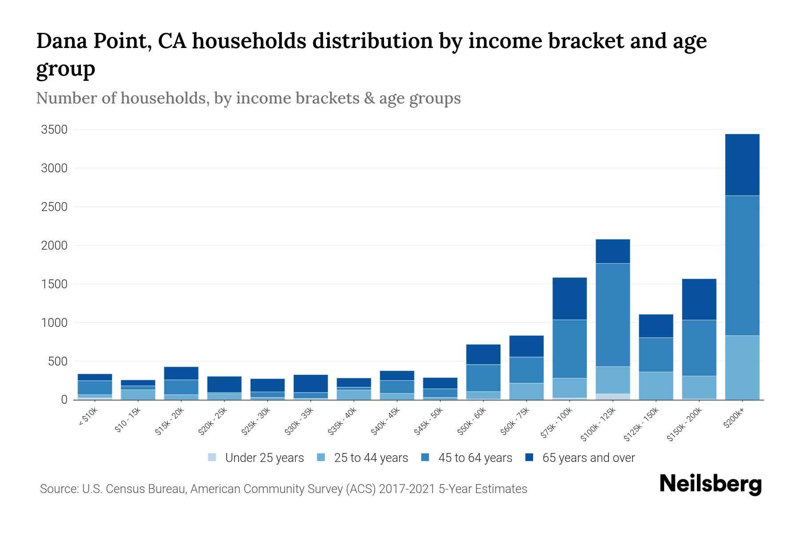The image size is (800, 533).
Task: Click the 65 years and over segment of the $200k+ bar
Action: coord(742,165)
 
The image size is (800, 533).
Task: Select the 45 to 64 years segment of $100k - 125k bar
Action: coord(612,315)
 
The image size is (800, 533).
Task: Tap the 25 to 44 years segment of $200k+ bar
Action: coord(742,367)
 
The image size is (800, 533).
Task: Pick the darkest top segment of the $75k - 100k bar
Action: coord(569,298)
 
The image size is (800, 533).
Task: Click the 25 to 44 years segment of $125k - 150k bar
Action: coord(656,386)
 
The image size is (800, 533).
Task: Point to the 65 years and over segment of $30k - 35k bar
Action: coord(311,383)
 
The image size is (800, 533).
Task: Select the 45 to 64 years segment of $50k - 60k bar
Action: coord(483,378)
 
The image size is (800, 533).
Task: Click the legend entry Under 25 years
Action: coord(264,458)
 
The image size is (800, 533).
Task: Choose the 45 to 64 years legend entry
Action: coord(475,458)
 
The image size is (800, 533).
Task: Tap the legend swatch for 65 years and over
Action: coord(529,457)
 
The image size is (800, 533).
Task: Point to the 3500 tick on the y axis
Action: coord(54,130)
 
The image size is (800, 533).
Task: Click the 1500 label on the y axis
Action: coord(54,284)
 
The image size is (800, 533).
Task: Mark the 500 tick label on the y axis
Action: coord(58,362)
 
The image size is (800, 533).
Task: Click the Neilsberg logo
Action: coord(710,484)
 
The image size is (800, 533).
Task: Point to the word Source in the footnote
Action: coord(59,489)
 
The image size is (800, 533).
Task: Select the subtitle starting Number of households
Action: coord(248,98)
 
